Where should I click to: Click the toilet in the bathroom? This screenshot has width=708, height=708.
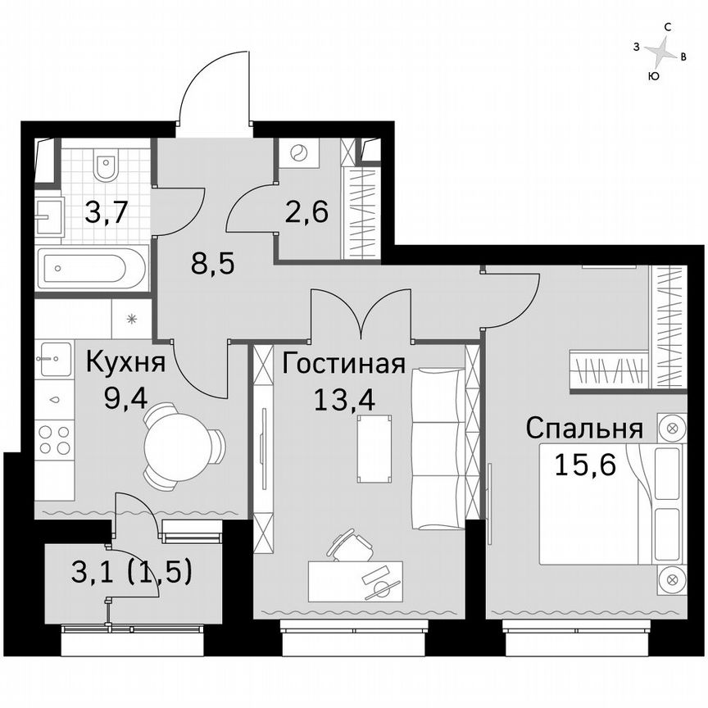106,166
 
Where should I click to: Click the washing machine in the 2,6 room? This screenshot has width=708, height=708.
297,153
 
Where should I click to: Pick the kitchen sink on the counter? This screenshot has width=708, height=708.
54,357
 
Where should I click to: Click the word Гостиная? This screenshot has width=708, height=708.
344,363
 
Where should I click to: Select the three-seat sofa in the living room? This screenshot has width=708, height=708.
437,447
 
